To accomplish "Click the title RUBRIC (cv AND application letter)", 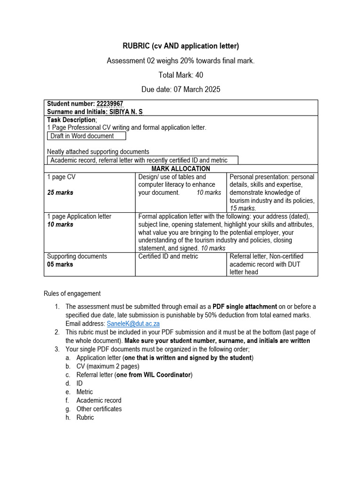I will click(181, 46).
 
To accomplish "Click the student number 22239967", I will click(110, 104).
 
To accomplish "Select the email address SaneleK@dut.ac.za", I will click(133, 324).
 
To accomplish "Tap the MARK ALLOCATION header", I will click(181, 168).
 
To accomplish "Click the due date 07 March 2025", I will click(181, 89).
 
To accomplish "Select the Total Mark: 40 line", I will click(181, 75).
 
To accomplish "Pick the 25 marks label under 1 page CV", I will click(60, 192).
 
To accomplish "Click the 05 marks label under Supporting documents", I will click(60, 264).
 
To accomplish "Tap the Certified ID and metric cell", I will click(168, 256).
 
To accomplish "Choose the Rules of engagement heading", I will click(72, 293).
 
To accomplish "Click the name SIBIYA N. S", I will click(126, 112).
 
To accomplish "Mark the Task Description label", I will click(71, 120).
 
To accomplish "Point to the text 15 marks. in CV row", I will click(243, 208).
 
